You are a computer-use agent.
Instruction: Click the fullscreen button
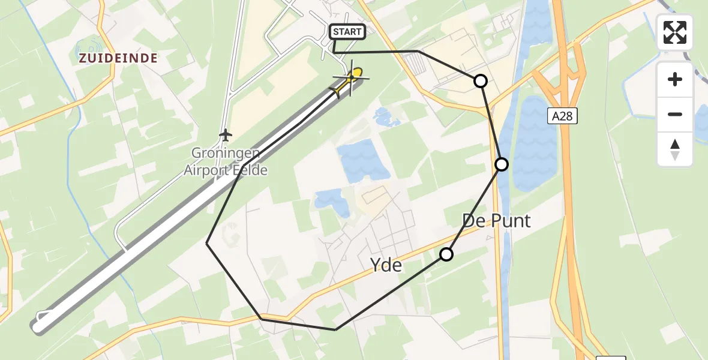pyautogui.click(x=675, y=32)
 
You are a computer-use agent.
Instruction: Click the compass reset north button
pyautogui.click(x=675, y=149)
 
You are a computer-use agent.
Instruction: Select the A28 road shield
pyautogui.click(x=562, y=116)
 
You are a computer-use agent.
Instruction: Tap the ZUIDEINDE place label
pyautogui.click(x=117, y=58)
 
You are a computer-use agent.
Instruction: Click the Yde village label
pyautogui.click(x=386, y=264)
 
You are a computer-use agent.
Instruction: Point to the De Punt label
pyautogui.click(x=496, y=221)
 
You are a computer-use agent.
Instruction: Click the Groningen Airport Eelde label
pyautogui.click(x=226, y=162)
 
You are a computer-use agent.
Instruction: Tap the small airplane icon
pyautogui.click(x=226, y=135)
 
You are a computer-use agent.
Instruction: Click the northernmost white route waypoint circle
pyautogui.click(x=481, y=80)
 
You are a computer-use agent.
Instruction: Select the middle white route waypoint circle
pyautogui.click(x=502, y=164)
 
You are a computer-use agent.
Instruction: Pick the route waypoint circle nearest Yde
pyautogui.click(x=446, y=254)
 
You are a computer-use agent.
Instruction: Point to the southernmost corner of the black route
pyautogui.click(x=335, y=329)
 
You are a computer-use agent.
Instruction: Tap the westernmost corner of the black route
pyautogui.click(x=207, y=243)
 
